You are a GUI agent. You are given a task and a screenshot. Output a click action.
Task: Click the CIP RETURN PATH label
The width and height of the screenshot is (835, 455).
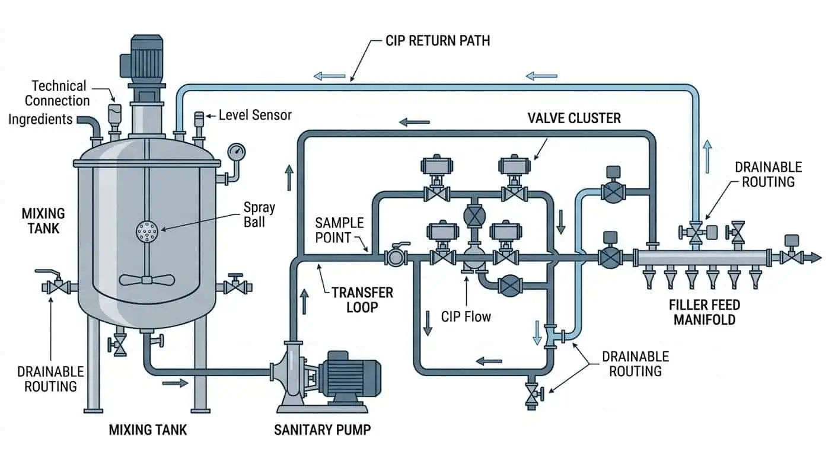[438, 41]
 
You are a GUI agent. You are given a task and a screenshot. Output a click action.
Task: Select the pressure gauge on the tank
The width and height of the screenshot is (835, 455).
[237, 150]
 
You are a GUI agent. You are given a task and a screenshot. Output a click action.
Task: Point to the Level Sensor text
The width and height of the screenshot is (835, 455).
[255, 115]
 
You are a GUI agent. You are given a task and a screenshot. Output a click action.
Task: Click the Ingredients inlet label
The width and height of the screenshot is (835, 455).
[40, 120]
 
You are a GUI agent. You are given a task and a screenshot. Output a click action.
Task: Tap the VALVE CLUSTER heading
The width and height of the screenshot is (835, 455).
[574, 118]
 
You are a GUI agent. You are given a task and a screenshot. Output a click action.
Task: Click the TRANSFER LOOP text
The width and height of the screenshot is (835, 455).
[362, 300]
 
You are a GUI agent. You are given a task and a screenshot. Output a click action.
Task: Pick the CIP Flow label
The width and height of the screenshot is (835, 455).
[466, 316]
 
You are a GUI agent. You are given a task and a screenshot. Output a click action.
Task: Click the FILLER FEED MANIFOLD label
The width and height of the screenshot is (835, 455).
[705, 312]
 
